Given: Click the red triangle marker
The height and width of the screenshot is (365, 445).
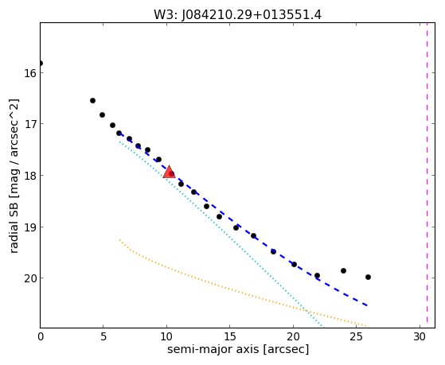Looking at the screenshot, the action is tap(169, 172).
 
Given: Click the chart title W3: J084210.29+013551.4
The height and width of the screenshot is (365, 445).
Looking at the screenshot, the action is tap(237, 15).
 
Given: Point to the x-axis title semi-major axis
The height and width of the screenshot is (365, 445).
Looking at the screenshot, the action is tap(238, 349).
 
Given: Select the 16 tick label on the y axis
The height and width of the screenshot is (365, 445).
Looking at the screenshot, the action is tap(29, 73).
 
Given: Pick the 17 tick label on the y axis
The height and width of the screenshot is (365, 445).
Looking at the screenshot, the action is tap(29, 124).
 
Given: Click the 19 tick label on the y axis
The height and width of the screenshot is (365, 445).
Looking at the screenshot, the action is tap(29, 227).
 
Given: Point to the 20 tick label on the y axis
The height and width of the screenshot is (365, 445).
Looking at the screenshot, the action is tap(29, 278).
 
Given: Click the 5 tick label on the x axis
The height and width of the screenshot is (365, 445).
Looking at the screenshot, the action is tap(103, 336).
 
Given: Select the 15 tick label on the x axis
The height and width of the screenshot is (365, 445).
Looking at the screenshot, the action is tap(229, 336).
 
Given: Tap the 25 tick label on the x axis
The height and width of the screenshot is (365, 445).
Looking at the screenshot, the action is tap(356, 336).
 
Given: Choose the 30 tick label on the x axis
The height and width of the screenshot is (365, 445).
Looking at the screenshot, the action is tap(420, 336).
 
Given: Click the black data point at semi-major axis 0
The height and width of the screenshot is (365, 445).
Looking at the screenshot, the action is tap(40, 63).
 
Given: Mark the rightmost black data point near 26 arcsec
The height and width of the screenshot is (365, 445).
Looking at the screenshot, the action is tap(368, 277).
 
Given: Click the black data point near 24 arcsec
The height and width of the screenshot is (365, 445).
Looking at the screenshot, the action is tap(343, 271).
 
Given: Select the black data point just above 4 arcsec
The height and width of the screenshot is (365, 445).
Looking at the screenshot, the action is tap(92, 101).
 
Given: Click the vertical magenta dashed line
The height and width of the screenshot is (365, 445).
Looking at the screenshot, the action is tap(427, 175).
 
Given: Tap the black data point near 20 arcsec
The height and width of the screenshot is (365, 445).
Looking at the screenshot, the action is tap(294, 265).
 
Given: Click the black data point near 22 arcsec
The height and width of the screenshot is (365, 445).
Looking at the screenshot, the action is tap(317, 275).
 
